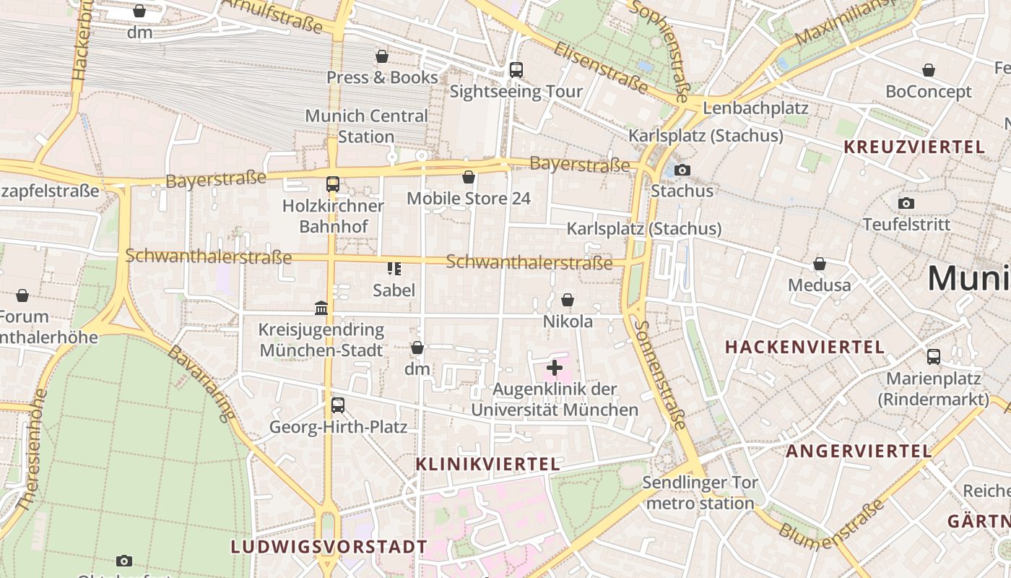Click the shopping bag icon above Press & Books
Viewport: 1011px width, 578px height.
tap(382, 56)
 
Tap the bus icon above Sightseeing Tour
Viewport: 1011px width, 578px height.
tap(516, 70)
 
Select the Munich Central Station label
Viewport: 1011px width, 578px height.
tap(366, 126)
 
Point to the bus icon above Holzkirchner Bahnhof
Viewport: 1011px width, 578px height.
tap(332, 184)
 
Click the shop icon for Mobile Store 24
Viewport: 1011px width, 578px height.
tap(469, 177)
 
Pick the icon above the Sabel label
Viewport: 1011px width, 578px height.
tap(394, 269)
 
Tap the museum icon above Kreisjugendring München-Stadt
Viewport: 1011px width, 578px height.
tap(321, 309)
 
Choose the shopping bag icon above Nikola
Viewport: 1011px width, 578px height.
tap(568, 300)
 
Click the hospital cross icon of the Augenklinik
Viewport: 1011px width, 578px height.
tap(555, 368)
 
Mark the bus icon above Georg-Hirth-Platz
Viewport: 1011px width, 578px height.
tap(337, 405)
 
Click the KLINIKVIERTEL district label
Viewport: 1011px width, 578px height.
tap(487, 464)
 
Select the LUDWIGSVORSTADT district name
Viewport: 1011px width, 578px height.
tap(329, 546)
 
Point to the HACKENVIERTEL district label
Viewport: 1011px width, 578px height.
tap(804, 347)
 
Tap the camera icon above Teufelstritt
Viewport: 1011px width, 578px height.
tap(906, 203)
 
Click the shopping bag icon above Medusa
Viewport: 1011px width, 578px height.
tap(820, 264)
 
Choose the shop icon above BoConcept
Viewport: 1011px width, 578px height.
tap(928, 70)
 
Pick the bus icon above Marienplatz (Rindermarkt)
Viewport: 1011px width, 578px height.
tap(933, 357)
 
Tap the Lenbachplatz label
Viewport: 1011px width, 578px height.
tap(755, 108)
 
